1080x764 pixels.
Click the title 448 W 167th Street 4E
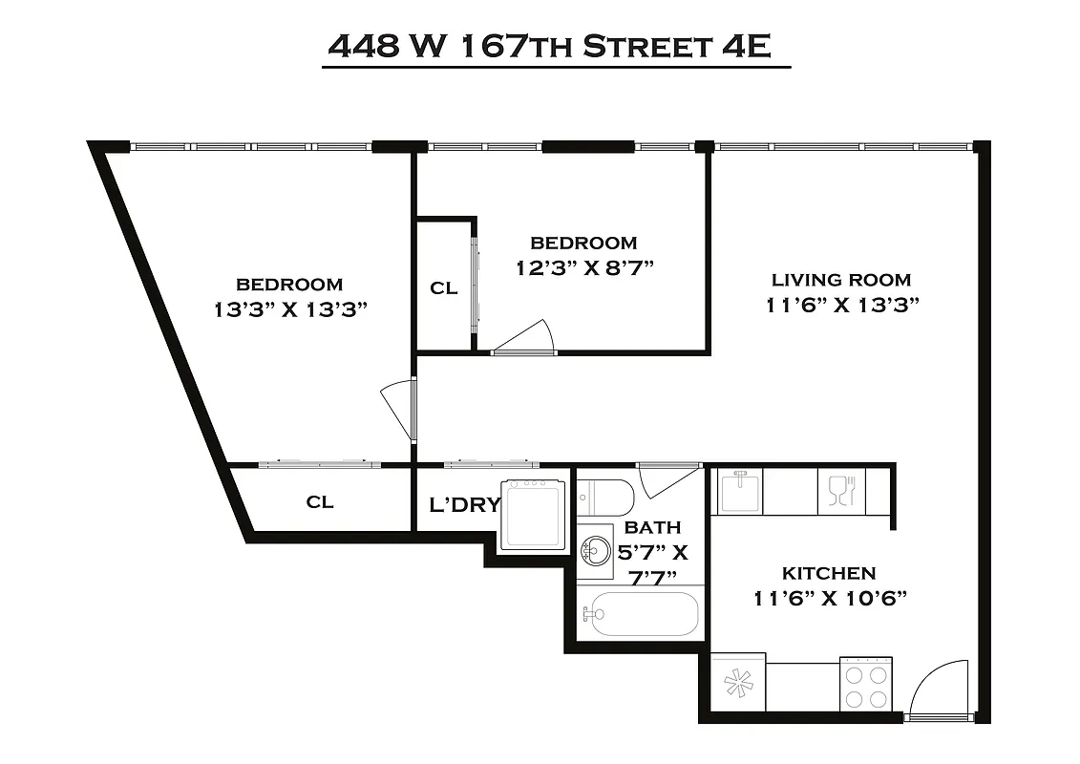pyautogui.click(x=549, y=46)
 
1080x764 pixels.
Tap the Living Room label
pyautogui.click(x=841, y=280)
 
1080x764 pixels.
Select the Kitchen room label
pyautogui.click(x=829, y=573)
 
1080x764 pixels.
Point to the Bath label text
pyautogui.click(x=653, y=527)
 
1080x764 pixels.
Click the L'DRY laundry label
pyautogui.click(x=464, y=504)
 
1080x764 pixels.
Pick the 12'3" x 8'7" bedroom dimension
pyautogui.click(x=583, y=267)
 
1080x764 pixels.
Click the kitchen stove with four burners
pyautogui.click(x=866, y=683)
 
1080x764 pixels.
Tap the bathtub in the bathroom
pyautogui.click(x=641, y=614)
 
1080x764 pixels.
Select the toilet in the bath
pyautogui.click(x=607, y=497)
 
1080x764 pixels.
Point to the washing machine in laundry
pyautogui.click(x=534, y=513)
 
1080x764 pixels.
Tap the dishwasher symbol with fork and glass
pyautogui.click(x=841, y=491)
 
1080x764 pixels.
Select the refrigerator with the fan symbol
pyautogui.click(x=738, y=682)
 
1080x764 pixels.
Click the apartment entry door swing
pyautogui.click(x=936, y=690)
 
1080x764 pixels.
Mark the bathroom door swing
pyautogui.click(x=667, y=479)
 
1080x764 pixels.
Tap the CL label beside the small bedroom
pyautogui.click(x=444, y=287)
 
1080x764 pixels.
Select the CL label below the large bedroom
pyautogui.click(x=320, y=501)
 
